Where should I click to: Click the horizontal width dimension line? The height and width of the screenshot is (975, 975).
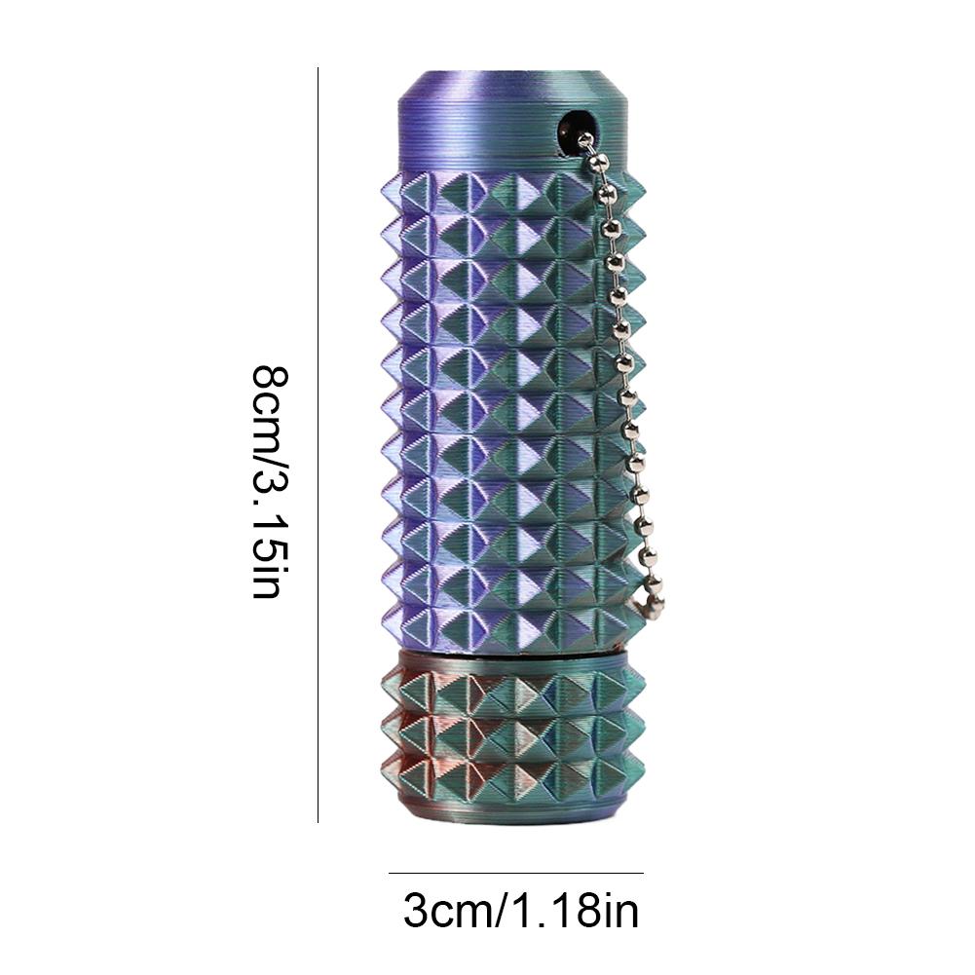(515, 873)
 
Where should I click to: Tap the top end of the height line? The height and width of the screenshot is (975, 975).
(318, 69)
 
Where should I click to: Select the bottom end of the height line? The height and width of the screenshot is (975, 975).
(318, 821)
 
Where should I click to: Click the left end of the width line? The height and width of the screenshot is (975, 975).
(390, 873)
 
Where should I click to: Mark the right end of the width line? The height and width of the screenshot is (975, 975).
(643, 873)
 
